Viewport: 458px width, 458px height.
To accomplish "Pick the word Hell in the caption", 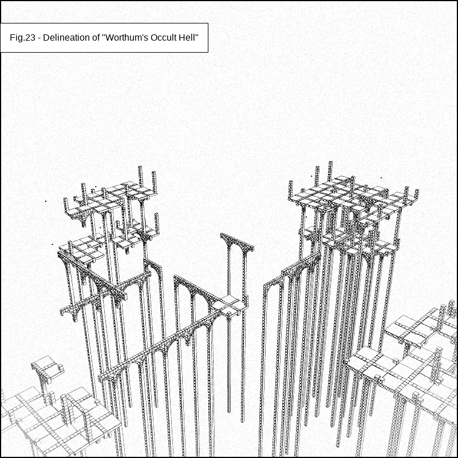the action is (x=187, y=38).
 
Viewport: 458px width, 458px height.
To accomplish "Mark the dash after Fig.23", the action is (x=39, y=38).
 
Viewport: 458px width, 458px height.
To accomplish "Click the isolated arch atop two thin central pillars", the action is (x=237, y=242).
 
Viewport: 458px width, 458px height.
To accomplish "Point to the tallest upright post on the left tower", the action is (x=140, y=176).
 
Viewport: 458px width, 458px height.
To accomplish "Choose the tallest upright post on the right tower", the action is (x=330, y=171).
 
